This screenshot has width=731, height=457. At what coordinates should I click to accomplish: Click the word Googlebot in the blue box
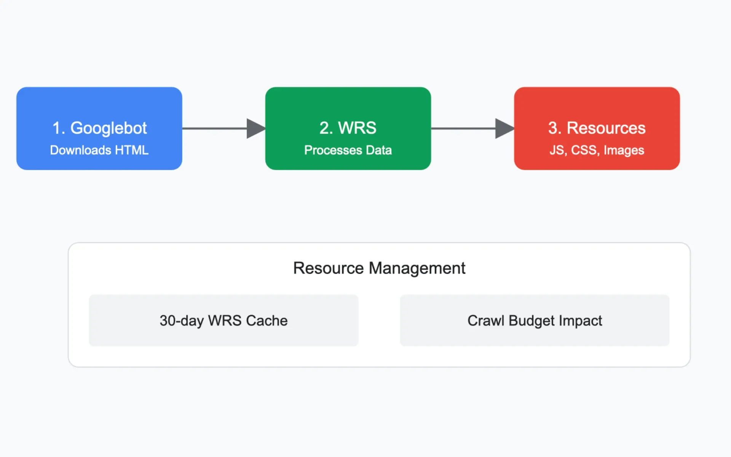pos(109,128)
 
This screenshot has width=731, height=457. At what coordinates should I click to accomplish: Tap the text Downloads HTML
pos(99,150)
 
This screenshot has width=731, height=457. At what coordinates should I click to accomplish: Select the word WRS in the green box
pos(357,128)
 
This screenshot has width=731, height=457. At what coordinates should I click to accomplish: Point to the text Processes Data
pos(348,150)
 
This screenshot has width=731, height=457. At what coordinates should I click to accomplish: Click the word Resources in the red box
pos(606,128)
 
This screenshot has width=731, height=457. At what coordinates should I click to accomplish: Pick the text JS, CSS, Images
pos(597,150)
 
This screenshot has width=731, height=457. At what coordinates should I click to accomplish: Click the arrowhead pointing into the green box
pos(255,128)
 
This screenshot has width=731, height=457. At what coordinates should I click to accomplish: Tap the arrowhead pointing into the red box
pos(504,128)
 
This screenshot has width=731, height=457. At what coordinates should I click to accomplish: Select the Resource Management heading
pos(379,268)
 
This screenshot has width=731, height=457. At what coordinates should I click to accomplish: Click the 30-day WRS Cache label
pos(223,321)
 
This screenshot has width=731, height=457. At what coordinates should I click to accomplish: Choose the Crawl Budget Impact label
pos(535,321)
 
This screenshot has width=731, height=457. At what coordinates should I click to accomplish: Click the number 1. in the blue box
pos(59,128)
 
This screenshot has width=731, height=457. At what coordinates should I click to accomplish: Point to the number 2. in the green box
pos(326,128)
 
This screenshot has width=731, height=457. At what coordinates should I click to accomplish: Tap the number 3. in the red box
pos(555,128)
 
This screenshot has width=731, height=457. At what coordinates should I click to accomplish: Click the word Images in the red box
pos(624,150)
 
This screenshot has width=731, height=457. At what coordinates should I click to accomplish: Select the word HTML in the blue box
pos(132,150)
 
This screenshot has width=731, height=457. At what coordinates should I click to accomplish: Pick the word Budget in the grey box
pos(531,321)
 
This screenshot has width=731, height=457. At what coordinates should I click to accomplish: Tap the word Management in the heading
pos(417,268)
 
